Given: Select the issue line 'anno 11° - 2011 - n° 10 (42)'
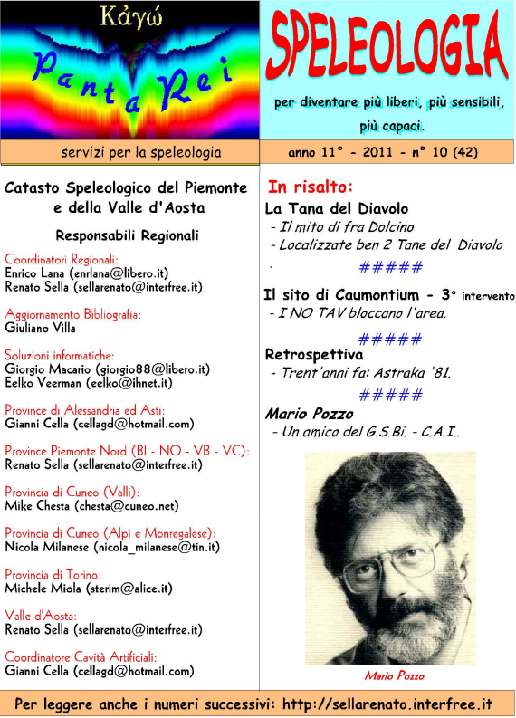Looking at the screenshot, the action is pyautogui.click(x=383, y=152).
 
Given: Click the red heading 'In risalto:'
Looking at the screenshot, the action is pyautogui.click(x=310, y=187).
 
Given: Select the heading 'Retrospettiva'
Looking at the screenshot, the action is pyautogui.click(x=313, y=354).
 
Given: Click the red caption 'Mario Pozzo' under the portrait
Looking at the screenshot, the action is pyautogui.click(x=394, y=675).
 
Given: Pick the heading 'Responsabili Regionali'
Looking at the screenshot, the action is pyautogui.click(x=127, y=235).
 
